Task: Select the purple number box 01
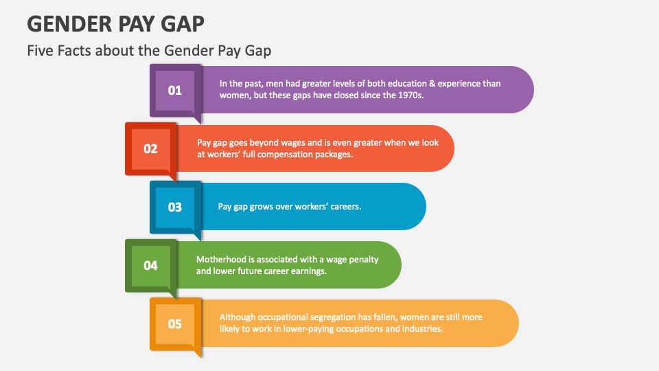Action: [174, 90]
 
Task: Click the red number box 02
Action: [150, 148]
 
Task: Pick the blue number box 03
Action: [174, 207]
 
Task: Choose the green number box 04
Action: [150, 265]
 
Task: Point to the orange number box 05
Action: [174, 324]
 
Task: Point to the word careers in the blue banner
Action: [343, 206]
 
